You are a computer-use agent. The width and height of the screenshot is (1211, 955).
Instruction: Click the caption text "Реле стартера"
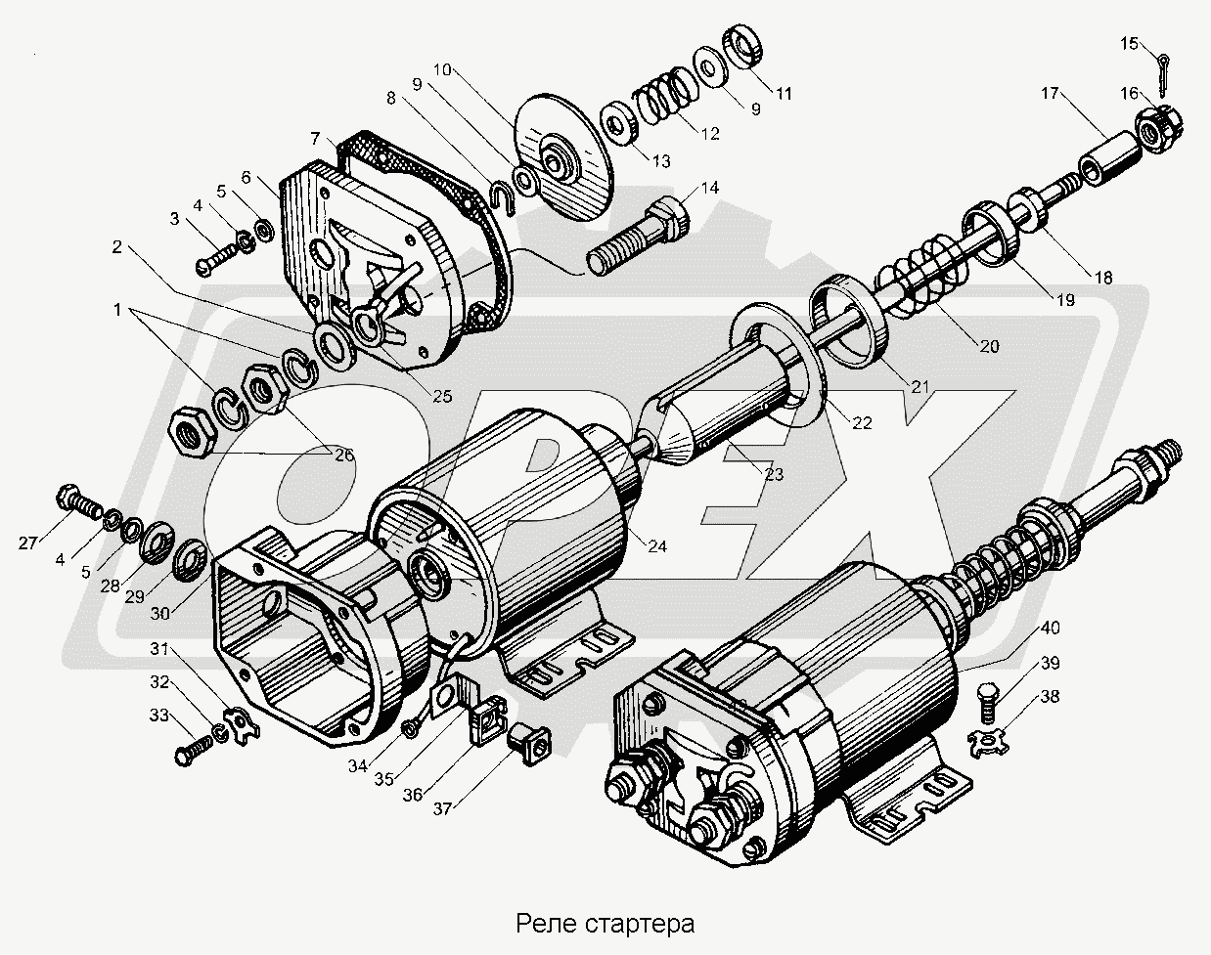[x=605, y=923]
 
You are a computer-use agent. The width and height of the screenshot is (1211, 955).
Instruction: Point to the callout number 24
[x=656, y=546]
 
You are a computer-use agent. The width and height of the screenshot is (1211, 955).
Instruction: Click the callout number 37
[x=444, y=808]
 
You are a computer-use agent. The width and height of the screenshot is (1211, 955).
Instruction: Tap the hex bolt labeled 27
[x=80, y=501]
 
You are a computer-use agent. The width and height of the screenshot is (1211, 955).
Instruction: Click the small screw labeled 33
[x=195, y=753]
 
